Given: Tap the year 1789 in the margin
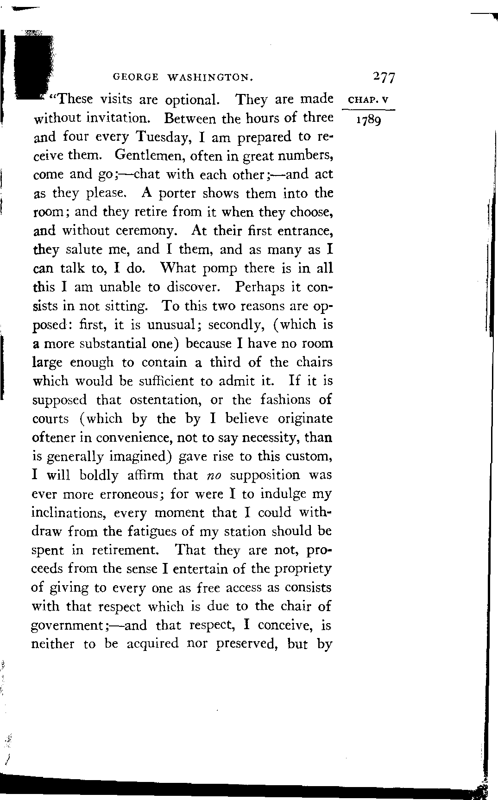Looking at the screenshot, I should point(368,121).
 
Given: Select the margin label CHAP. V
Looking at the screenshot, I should point(369,100).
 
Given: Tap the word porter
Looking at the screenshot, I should point(177,194).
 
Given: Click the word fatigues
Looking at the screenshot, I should point(158,532).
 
